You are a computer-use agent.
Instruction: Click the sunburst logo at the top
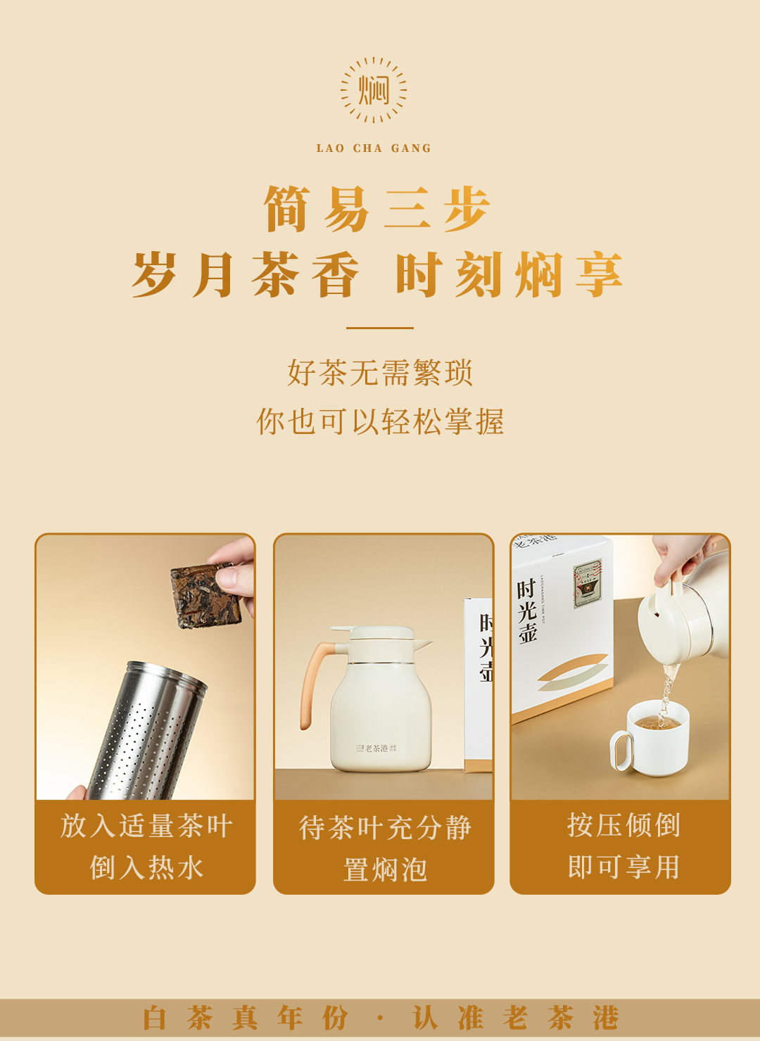[373, 90]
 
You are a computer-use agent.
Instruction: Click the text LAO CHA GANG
[374, 148]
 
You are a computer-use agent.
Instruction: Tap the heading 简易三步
[377, 209]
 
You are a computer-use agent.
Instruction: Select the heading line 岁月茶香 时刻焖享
[377, 274]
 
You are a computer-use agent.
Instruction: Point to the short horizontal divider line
[380, 328]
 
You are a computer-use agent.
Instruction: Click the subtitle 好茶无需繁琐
[380, 373]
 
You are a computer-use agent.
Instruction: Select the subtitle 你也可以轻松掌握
[380, 421]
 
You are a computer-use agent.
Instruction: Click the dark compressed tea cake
[205, 595]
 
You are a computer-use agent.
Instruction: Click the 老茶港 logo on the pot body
[376, 748]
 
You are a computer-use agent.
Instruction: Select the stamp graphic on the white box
[588, 584]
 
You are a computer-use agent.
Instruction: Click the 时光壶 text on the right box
[527, 611]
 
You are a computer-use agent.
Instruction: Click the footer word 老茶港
[560, 1017]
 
